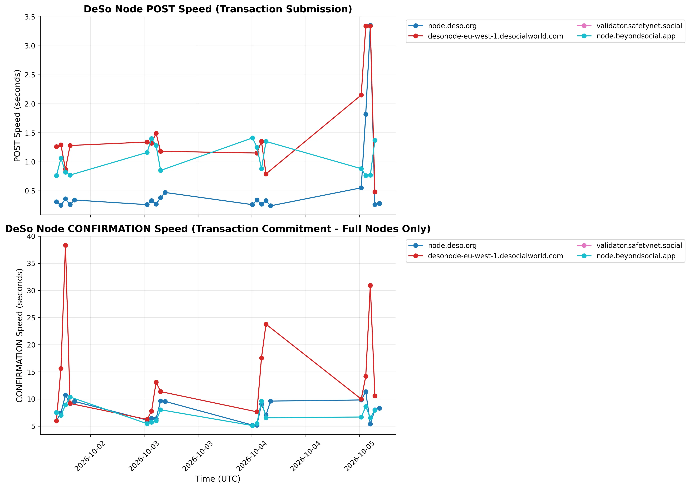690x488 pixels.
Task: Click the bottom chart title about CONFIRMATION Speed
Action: (x=218, y=229)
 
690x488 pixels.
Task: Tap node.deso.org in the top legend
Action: (x=452, y=26)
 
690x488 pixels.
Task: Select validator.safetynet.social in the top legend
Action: (x=639, y=26)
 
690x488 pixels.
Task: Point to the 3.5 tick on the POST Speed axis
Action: (x=30, y=17)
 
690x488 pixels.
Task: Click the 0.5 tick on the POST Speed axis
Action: (x=30, y=191)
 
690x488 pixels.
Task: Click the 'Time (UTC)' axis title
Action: (x=218, y=479)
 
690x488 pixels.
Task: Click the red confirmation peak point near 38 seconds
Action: (x=66, y=245)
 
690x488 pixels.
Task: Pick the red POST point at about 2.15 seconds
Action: (x=361, y=95)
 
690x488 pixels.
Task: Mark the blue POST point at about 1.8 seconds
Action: (x=366, y=114)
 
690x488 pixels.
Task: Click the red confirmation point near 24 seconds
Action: (x=266, y=324)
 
